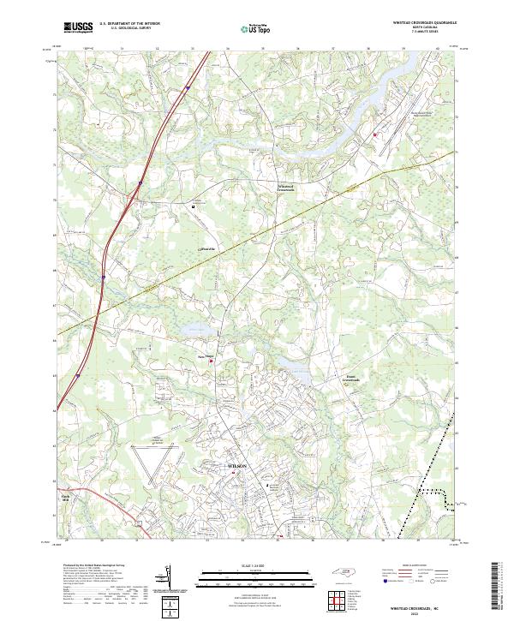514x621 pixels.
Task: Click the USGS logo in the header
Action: [77, 27]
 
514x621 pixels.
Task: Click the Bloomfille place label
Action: [197, 248]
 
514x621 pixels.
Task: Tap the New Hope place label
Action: [205, 355]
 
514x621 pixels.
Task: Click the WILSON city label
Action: [237, 465]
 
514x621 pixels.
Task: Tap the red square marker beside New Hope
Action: [212, 361]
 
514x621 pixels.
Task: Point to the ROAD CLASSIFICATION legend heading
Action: [416, 566]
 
